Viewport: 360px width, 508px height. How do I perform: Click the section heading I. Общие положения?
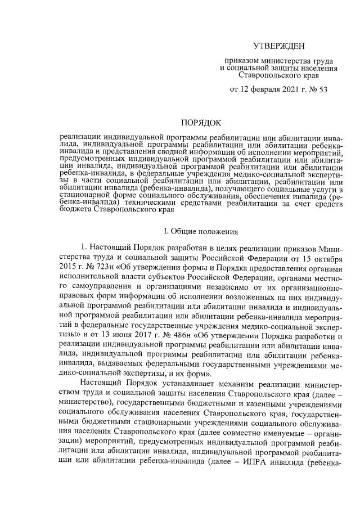(x=201, y=231)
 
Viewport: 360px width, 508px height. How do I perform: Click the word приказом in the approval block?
(x=242, y=60)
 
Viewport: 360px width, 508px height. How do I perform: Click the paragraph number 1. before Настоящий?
(x=84, y=249)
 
